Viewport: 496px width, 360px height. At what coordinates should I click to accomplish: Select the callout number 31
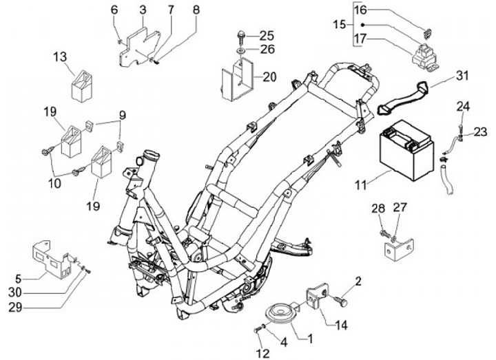click(462, 75)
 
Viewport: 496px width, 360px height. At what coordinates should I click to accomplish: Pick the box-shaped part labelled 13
click(81, 86)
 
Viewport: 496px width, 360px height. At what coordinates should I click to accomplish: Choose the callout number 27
click(400, 209)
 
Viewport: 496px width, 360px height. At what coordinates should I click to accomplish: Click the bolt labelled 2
click(341, 301)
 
